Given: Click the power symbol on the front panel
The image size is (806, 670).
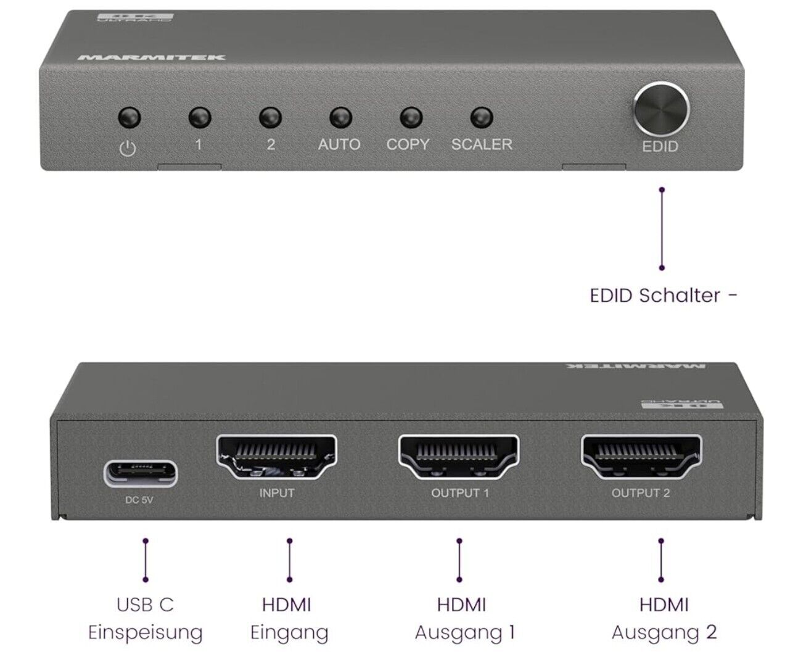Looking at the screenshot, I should pyautogui.click(x=128, y=148).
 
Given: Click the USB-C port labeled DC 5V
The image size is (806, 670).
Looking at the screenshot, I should pyautogui.click(x=140, y=472).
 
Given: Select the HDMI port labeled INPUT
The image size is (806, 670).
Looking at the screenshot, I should pyautogui.click(x=276, y=457).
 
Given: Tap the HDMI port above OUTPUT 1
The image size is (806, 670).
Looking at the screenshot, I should pyautogui.click(x=459, y=457).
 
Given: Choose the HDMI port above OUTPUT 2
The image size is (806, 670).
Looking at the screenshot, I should pyautogui.click(x=641, y=457).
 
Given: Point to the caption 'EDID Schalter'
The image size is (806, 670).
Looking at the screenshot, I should pyautogui.click(x=662, y=295).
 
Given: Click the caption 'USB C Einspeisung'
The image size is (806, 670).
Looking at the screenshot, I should pyautogui.click(x=146, y=618).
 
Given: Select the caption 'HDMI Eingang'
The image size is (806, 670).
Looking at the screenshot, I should pyautogui.click(x=289, y=618).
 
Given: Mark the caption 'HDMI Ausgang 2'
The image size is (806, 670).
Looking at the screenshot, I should pyautogui.click(x=664, y=618).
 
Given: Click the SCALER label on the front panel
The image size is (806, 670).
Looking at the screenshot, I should pyautogui.click(x=482, y=144).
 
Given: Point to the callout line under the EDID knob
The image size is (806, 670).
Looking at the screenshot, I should pyautogui.click(x=662, y=228).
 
